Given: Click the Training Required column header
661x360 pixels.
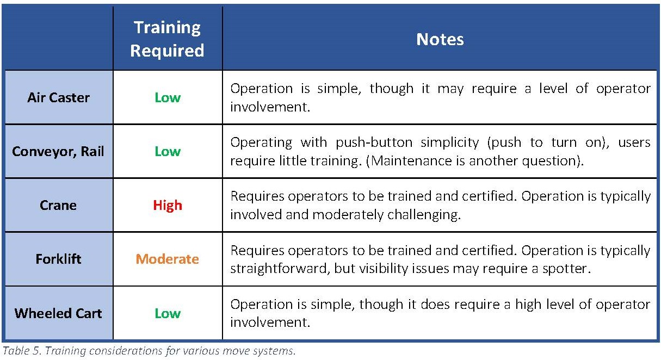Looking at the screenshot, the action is pos(168,39).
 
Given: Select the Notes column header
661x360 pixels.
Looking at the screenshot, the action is pos(440,39).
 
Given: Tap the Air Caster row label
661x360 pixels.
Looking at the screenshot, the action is pos(58,97).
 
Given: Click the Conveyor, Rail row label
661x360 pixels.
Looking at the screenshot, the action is pos(58,151).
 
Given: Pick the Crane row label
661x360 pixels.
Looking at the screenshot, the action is pos(58,205).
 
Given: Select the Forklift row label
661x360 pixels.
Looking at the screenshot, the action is pos(58,259).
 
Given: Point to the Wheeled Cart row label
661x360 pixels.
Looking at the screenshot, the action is pos(58,313).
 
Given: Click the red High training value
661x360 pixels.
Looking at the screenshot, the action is pos(168,205).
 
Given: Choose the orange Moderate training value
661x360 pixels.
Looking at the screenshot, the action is pos(168,259).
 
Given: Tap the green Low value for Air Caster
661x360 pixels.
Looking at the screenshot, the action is pos(168,97).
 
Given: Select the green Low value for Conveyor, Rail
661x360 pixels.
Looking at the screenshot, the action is pos(168,151).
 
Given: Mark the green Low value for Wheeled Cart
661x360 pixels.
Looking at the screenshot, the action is pos(168,313).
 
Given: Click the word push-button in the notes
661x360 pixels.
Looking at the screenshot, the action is pos(374,143).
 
